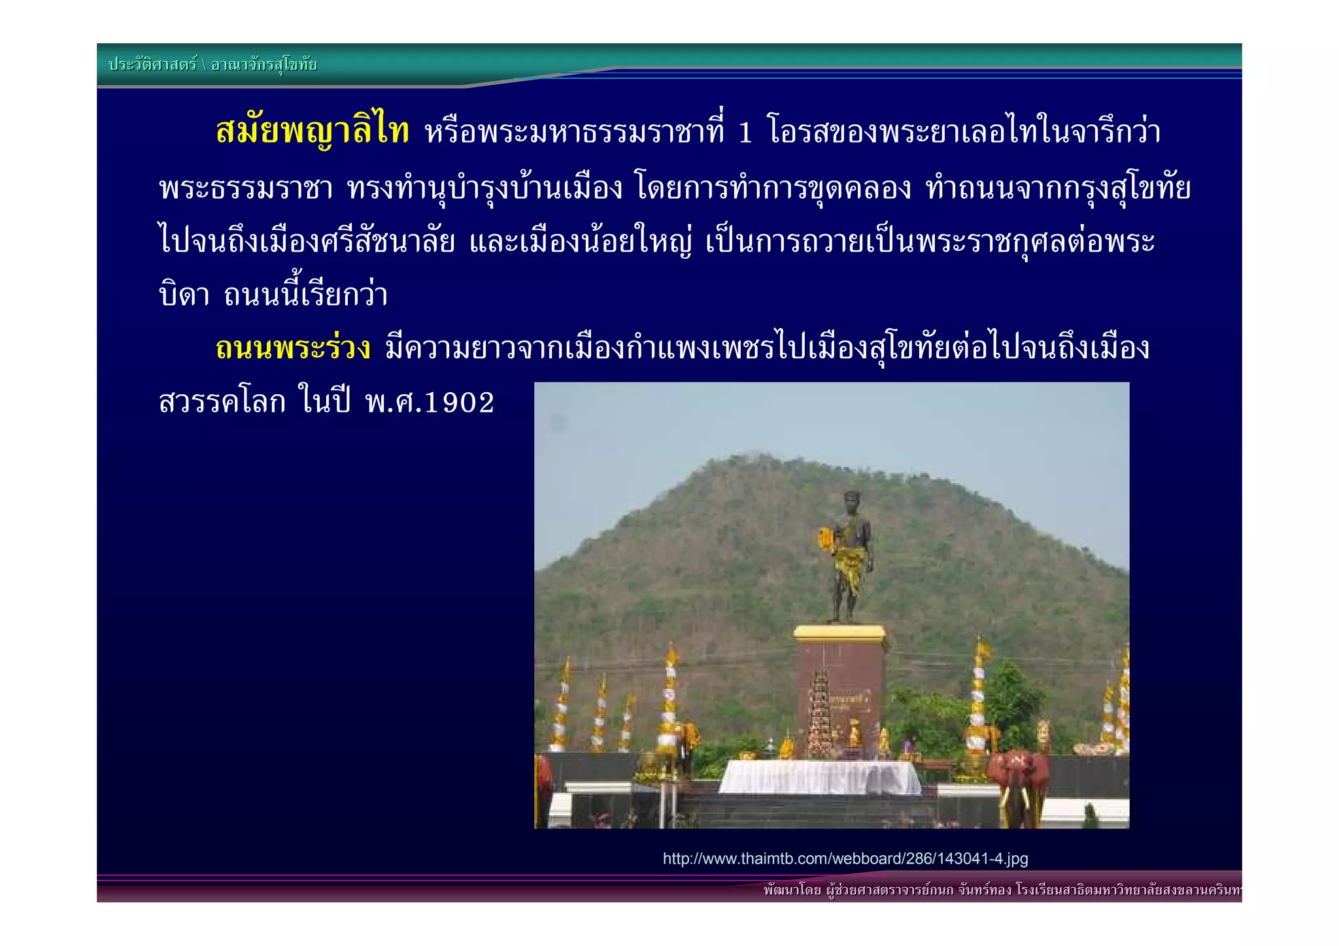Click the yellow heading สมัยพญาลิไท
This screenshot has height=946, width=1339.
pos(313,131)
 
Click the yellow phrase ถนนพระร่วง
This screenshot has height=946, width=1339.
pos(293,348)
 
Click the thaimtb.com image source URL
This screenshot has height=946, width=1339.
pos(845,858)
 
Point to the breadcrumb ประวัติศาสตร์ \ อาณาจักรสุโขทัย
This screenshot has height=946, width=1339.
pos(212,65)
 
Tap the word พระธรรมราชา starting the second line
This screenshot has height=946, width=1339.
pos(246,189)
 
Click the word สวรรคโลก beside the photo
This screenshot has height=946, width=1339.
pos(222,401)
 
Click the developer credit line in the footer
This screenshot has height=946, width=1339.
pos(1000,890)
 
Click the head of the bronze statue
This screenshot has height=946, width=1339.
pos(851,501)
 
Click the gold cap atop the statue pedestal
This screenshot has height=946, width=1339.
pos(840,633)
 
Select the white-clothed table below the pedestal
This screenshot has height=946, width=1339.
pos(821,777)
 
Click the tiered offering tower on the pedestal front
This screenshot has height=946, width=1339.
pos(820,713)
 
